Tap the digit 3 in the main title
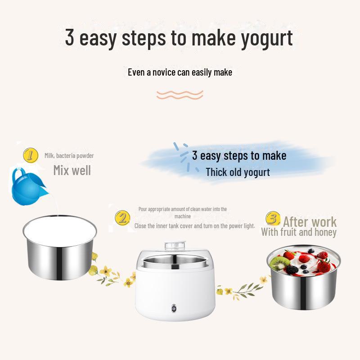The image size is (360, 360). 69,37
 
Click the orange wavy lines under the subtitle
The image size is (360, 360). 180,94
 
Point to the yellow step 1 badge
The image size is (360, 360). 30,156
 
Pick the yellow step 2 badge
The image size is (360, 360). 122,218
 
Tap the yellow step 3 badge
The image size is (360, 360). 272,219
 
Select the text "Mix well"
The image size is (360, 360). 72,171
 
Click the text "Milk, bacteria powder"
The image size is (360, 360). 69,156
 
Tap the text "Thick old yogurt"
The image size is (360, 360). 238,172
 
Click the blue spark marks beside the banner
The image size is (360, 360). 184,155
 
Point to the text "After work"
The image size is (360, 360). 310,221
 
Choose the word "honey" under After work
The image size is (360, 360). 324,232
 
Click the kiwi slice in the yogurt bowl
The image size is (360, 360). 280,263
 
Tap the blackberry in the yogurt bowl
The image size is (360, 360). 292,270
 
